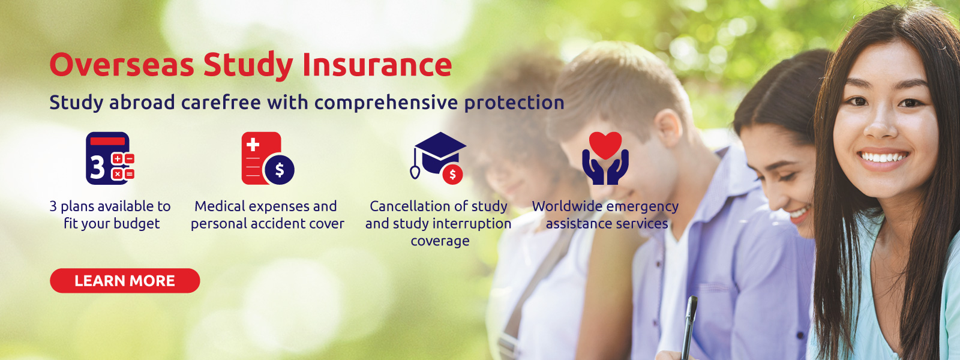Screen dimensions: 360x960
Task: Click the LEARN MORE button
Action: [125, 281]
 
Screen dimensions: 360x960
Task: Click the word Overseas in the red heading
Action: [122, 65]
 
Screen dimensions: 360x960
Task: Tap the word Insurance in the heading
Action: [377, 65]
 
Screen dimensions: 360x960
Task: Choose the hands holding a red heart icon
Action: [605, 158]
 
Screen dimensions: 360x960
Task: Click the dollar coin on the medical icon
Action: [279, 169]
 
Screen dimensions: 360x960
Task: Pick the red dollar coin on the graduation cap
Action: [452, 175]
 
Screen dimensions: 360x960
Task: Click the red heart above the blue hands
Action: [605, 145]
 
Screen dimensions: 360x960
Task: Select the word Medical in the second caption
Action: [220, 206]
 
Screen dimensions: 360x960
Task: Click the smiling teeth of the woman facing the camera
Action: [883, 158]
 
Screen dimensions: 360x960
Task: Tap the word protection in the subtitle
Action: [514, 103]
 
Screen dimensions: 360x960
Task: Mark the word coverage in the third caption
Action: [440, 241]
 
